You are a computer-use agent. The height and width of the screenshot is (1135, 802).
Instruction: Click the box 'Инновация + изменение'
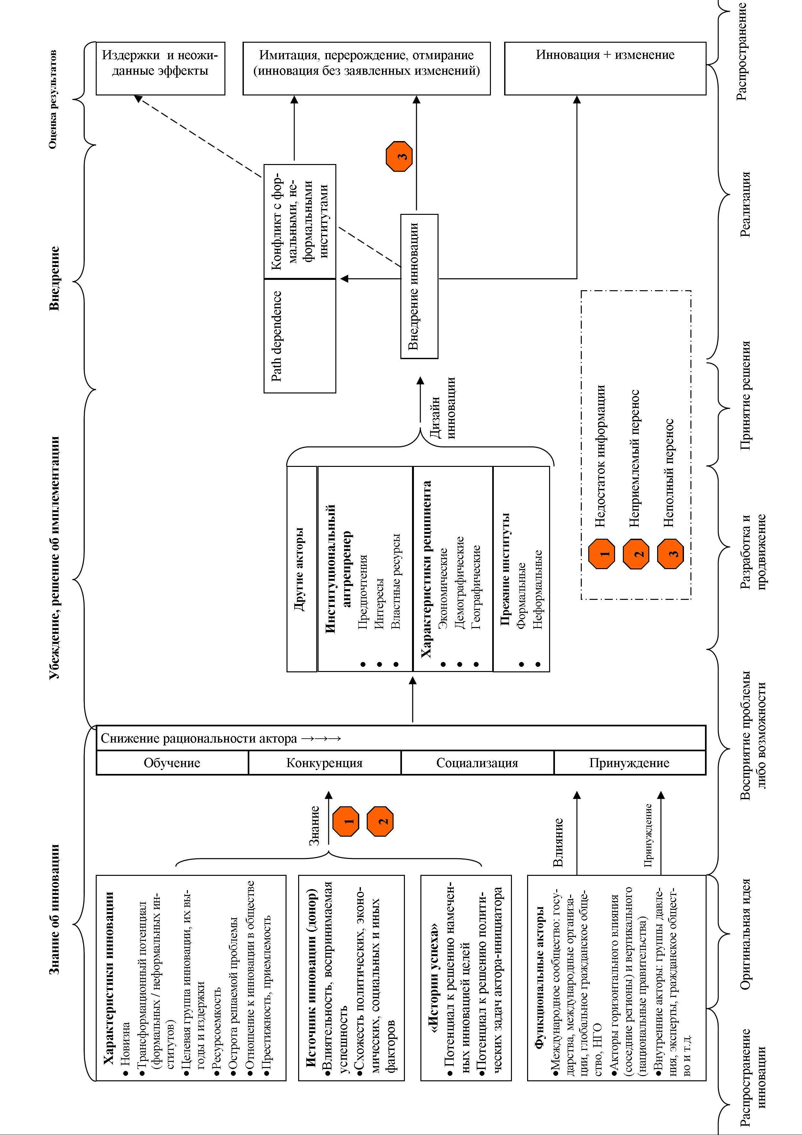tap(605, 68)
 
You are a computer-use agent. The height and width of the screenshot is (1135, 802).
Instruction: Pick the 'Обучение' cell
tap(172, 763)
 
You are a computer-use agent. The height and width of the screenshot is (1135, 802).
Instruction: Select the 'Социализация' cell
tap(477, 763)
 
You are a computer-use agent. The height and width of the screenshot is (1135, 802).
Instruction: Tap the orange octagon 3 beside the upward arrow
tap(399, 156)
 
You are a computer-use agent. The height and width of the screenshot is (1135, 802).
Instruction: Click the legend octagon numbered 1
tap(602, 553)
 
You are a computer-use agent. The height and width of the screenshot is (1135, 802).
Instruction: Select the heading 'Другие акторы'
tap(301, 568)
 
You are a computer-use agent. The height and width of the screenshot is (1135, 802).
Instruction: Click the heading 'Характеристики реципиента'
tap(426, 568)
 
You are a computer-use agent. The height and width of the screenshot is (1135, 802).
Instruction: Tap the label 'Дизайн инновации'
tap(443, 408)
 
